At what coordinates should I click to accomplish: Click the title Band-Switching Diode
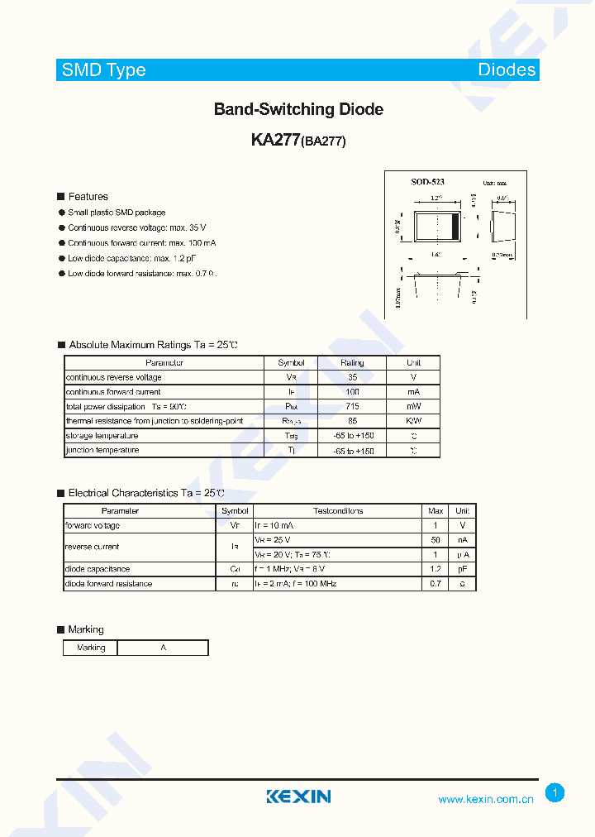[x=298, y=109]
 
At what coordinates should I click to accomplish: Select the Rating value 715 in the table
[x=352, y=406]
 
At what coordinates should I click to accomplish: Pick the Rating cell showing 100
[x=352, y=392]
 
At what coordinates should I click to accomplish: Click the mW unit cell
[x=413, y=406]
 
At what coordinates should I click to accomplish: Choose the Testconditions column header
[x=338, y=511]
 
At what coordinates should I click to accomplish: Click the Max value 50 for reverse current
[x=435, y=539]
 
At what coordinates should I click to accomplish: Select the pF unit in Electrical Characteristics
[x=462, y=569]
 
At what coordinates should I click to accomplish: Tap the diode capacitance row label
[x=97, y=569]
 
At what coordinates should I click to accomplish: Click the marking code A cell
[x=163, y=648]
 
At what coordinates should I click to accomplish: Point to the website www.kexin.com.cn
[x=486, y=799]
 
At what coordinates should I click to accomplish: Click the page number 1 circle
[x=555, y=793]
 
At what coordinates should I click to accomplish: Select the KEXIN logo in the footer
[x=298, y=796]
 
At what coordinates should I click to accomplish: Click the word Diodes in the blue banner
[x=507, y=70]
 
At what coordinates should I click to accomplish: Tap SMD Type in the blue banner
[x=104, y=70]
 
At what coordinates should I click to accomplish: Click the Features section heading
[x=88, y=197]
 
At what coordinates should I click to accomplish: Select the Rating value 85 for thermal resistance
[x=352, y=421]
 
